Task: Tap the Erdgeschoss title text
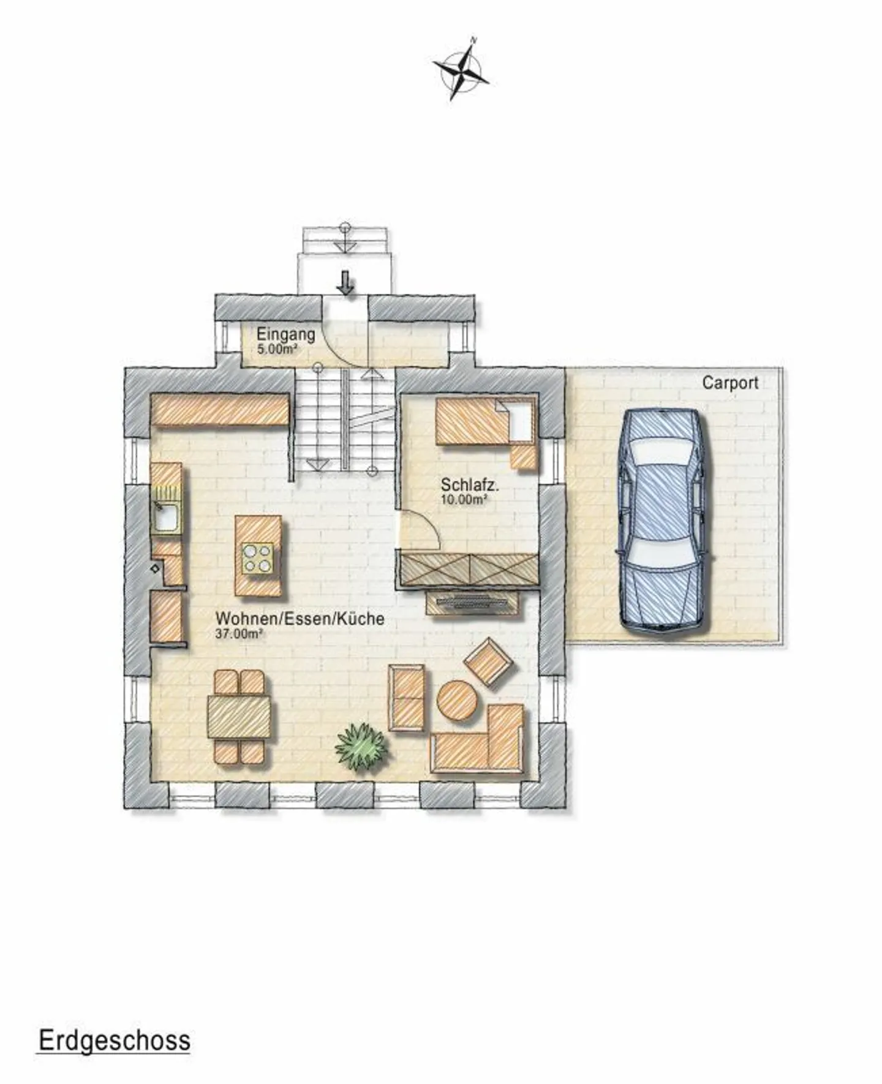point(115,1041)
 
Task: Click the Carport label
point(729,383)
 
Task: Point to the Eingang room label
point(285,335)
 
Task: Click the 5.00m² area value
point(277,350)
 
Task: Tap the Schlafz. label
point(470,485)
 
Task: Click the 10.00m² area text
point(464,499)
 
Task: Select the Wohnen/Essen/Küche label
point(300,619)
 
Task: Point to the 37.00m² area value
point(239,634)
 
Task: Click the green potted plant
point(362,746)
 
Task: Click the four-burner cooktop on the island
point(257,558)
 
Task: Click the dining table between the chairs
point(239,717)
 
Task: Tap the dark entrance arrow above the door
point(347,282)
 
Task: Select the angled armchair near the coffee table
point(488,663)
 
